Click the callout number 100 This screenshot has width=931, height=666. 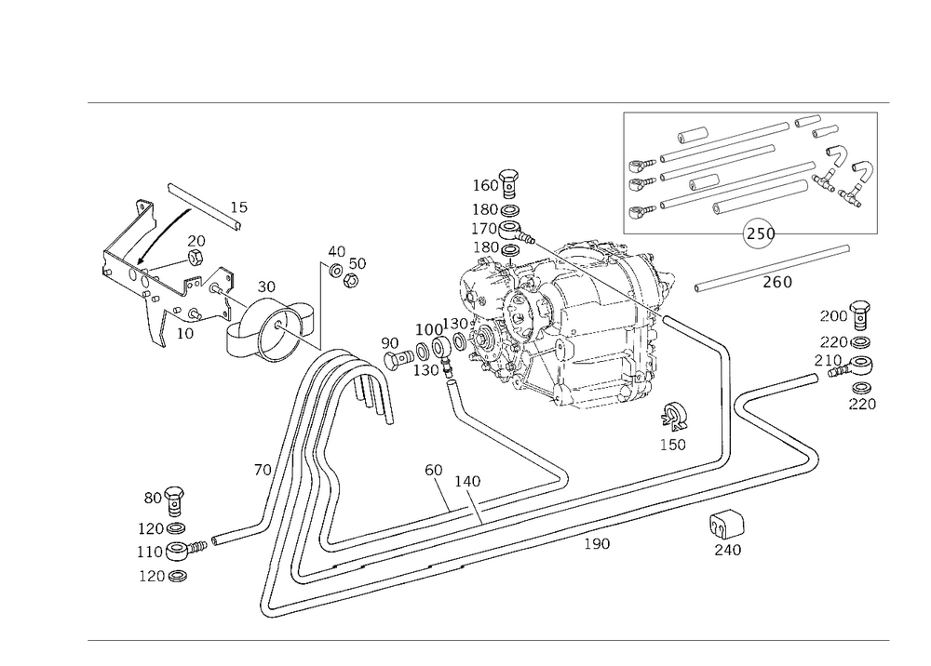429,330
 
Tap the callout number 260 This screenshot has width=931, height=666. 776,283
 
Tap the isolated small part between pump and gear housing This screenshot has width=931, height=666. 345,266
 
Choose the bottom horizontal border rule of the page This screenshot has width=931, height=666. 489,640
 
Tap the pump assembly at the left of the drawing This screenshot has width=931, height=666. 233,312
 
